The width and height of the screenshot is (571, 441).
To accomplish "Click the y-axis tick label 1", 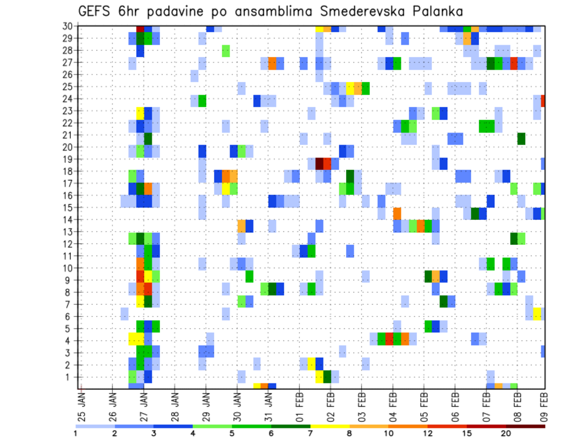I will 70,377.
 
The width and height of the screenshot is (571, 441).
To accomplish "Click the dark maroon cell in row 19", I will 319,163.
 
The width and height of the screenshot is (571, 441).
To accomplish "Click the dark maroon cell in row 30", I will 140,29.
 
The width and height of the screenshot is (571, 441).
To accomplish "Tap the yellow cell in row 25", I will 350,87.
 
